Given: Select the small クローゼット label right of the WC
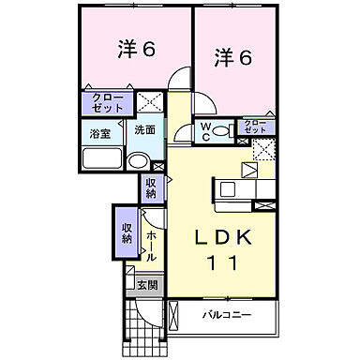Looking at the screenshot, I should coord(253,127).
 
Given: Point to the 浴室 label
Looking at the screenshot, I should coord(99,134).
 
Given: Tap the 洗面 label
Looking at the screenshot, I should coord(144,131).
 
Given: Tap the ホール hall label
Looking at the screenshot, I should coord(150,247).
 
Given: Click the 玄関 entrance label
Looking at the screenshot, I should coord(146,284).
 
